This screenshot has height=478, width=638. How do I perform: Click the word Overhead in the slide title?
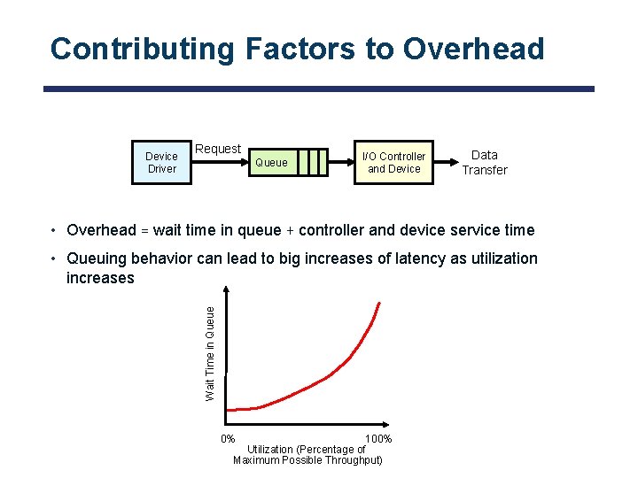pos(473,49)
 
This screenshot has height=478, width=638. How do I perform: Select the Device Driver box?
pos(161,162)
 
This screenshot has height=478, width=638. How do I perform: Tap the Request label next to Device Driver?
pos(218,149)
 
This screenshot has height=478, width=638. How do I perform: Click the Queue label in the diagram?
pos(271,162)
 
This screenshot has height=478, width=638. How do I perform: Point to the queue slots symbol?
pos(312,162)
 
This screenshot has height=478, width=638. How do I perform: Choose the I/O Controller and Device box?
pos(394,162)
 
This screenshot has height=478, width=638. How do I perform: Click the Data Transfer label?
pos(485,162)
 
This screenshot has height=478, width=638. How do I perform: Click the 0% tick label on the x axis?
pos(228,439)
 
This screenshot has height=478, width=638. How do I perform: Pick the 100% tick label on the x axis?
pos(378,439)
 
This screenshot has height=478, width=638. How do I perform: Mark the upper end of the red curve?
pos(379,304)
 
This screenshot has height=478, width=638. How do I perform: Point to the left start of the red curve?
pos(229,410)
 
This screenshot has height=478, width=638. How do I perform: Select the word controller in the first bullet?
pos(334,230)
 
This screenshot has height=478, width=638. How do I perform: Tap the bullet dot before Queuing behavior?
pos(55,258)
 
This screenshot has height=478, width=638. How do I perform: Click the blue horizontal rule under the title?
pos(319,89)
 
